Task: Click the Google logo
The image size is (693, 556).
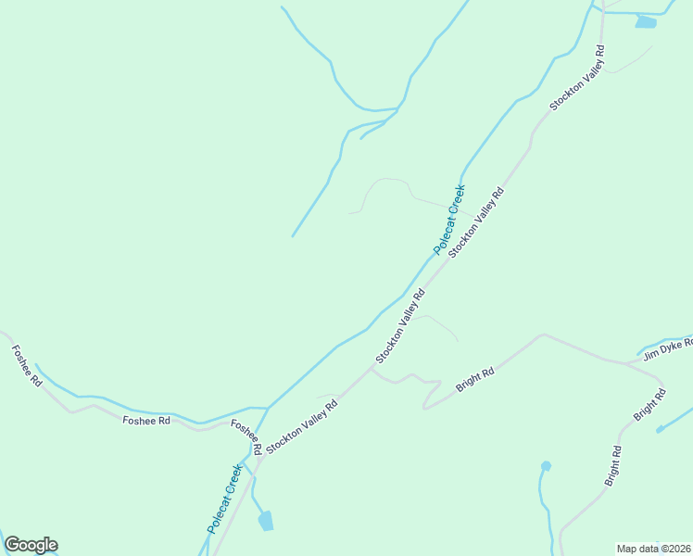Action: [31, 545]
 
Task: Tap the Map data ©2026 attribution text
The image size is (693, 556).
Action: [654, 549]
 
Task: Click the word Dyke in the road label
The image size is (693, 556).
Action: [669, 347]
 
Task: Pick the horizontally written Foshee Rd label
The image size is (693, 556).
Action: [146, 421]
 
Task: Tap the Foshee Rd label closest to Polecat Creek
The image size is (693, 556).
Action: [246, 438]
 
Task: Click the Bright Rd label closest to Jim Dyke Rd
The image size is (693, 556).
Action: [649, 406]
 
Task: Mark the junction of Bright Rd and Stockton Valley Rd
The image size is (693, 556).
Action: [372, 367]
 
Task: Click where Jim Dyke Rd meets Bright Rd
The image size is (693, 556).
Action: [626, 361]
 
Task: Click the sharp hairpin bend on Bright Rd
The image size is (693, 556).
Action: [424, 406]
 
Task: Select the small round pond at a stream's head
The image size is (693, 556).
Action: [546, 466]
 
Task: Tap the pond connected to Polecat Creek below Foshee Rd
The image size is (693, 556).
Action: [266, 521]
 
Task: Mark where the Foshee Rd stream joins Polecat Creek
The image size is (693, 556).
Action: [268, 408]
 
